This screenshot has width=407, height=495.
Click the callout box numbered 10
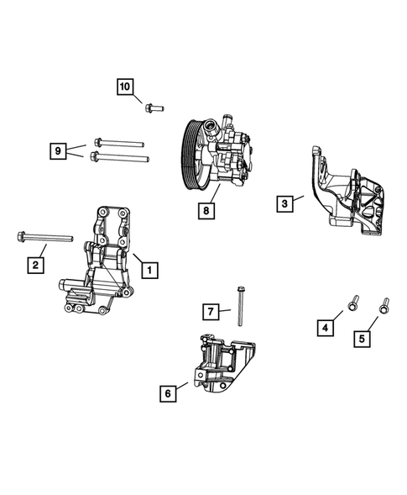[124, 87]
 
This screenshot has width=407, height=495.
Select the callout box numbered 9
[57, 150]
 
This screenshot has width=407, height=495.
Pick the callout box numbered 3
[285, 203]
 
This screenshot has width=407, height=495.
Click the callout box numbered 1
[149, 270]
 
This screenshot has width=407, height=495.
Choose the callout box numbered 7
[211, 312]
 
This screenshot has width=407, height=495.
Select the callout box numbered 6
[169, 391]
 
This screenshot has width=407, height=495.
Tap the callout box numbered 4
[324, 328]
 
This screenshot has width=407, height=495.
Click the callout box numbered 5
[363, 339]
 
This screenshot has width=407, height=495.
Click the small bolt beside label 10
[154, 107]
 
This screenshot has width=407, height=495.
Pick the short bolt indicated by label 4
[353, 301]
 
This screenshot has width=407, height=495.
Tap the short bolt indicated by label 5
[385, 306]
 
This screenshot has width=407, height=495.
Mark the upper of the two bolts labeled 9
[120, 142]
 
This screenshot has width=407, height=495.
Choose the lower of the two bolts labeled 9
[120, 156]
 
